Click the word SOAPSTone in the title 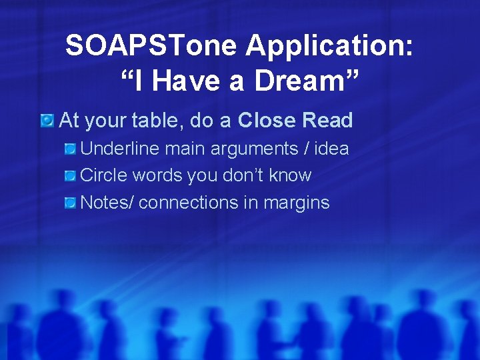(151, 46)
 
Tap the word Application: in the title (330, 46)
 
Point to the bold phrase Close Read (295, 121)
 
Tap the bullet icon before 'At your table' (47, 121)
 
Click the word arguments (255, 149)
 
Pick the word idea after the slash (331, 149)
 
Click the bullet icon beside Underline (70, 149)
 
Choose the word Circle (104, 175)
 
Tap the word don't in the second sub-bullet (239, 175)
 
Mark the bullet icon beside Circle (70, 175)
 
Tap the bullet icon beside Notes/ (70, 203)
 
